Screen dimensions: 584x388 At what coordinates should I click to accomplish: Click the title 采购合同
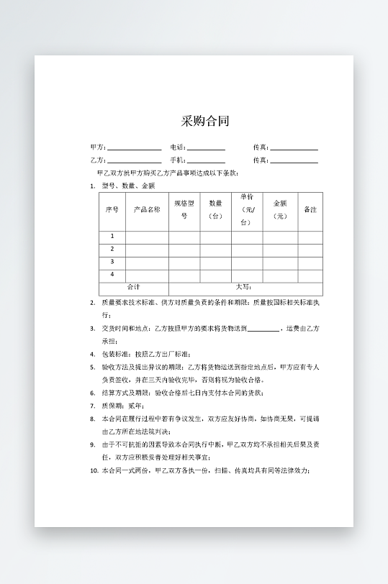click(205, 121)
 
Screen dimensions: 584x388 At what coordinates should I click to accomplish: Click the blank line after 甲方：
click(135, 148)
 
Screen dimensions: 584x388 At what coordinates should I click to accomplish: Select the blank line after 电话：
click(206, 148)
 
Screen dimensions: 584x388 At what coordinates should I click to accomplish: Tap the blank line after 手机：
click(206, 161)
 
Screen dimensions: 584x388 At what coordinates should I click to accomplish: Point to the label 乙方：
click(98, 160)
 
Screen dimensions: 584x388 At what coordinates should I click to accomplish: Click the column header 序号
click(112, 210)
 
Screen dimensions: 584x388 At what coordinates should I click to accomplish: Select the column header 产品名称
click(147, 210)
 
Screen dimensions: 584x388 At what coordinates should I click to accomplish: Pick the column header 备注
click(310, 210)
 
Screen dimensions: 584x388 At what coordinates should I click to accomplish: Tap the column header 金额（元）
click(280, 210)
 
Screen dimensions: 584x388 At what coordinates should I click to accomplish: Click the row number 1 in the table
click(112, 237)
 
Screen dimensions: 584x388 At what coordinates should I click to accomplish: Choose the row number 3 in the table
click(112, 262)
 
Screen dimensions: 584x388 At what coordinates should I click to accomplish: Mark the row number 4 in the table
click(112, 275)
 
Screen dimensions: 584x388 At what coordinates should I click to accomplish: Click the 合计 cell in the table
click(133, 288)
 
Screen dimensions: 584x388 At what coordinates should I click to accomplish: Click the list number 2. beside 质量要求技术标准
click(93, 303)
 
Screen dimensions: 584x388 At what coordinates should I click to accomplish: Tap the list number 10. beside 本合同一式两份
click(94, 470)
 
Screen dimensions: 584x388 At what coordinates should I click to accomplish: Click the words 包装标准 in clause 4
click(114, 354)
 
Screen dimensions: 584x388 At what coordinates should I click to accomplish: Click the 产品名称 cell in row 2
click(147, 249)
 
